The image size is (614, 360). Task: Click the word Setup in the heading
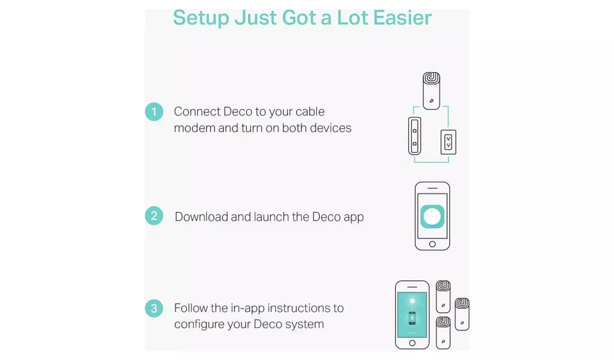coord(201,18)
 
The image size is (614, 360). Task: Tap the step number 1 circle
coord(154,112)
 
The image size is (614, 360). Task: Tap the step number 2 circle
coord(154,216)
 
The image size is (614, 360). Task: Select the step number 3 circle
coord(154,308)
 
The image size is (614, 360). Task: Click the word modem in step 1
coord(194,128)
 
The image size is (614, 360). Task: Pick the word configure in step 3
coord(199,324)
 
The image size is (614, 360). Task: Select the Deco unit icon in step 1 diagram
coord(431,91)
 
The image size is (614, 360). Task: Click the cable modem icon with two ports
coord(415,136)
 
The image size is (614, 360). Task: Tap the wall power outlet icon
coord(448,142)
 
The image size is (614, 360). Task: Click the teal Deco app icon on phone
coord(432,216)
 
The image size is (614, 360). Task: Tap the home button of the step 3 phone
coord(412,343)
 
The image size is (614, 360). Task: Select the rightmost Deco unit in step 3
coord(462,314)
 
